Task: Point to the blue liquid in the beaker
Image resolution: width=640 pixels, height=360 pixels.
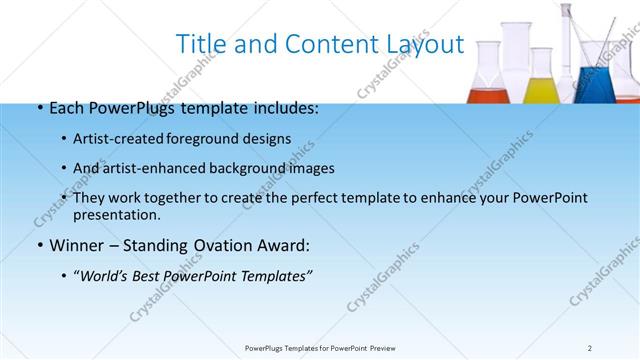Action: [x=598, y=87]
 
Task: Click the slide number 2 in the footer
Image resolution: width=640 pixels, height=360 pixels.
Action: [x=590, y=348]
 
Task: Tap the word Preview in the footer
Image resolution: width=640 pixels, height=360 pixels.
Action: [x=388, y=348]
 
